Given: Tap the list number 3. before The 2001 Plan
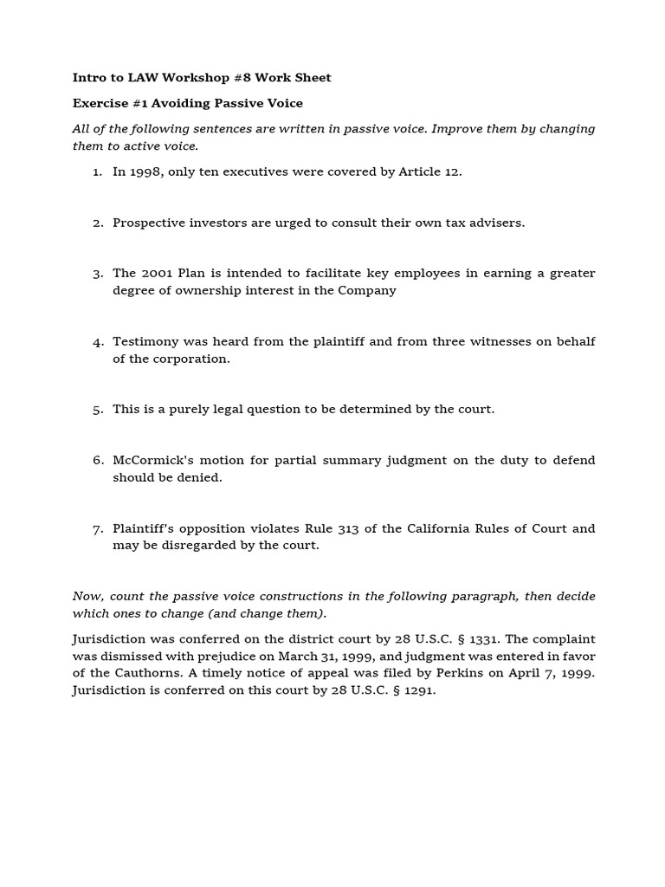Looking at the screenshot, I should tap(98, 274).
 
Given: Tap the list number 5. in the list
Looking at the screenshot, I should tap(98, 409).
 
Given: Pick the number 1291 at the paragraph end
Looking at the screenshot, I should tap(415, 690).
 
